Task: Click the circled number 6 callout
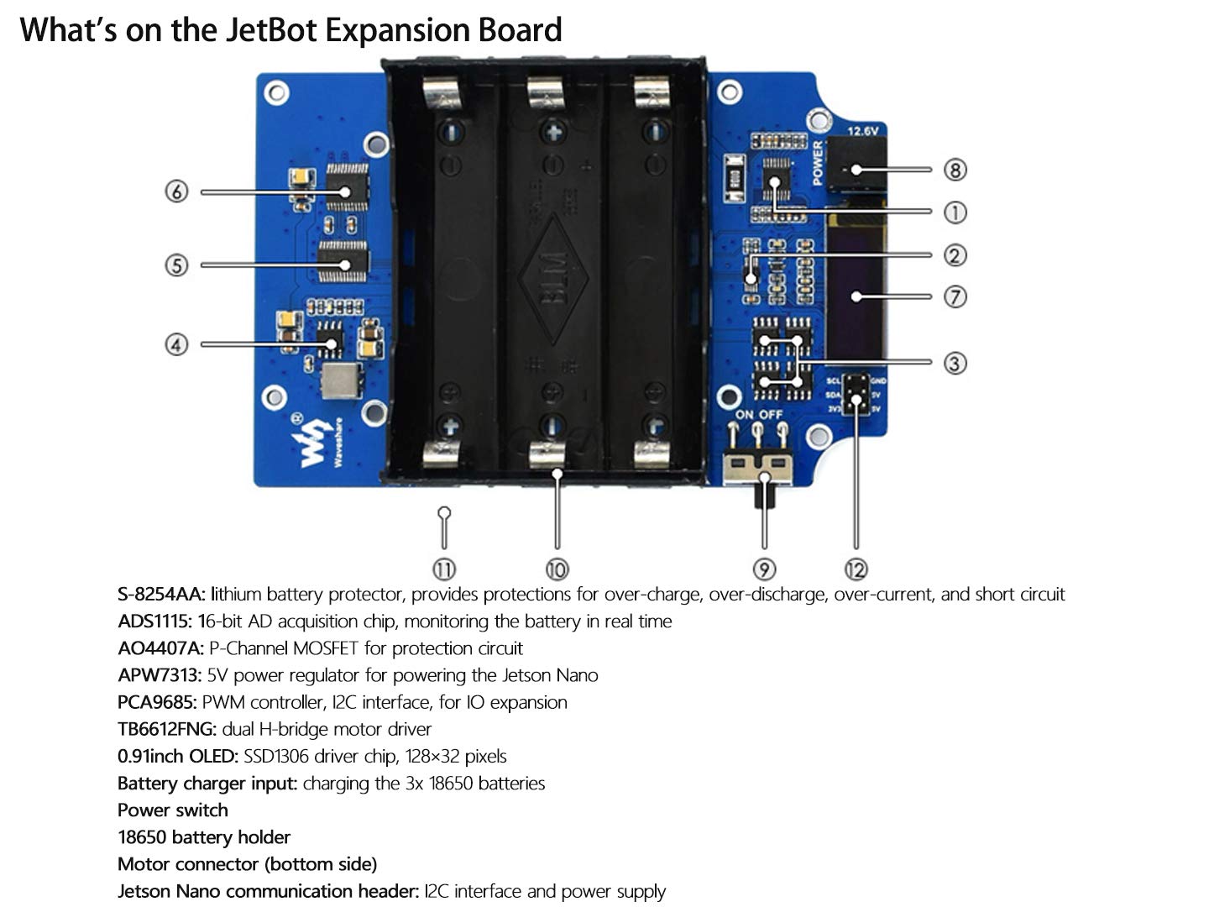click(176, 191)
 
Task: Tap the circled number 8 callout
click(955, 170)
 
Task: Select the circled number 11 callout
click(444, 569)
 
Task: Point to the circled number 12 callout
click(856, 569)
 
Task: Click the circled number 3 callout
click(955, 363)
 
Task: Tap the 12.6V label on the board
click(861, 131)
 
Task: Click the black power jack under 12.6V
click(856, 164)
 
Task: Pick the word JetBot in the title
click(270, 30)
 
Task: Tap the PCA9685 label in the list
click(157, 702)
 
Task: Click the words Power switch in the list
click(173, 810)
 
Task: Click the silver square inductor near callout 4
click(340, 382)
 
